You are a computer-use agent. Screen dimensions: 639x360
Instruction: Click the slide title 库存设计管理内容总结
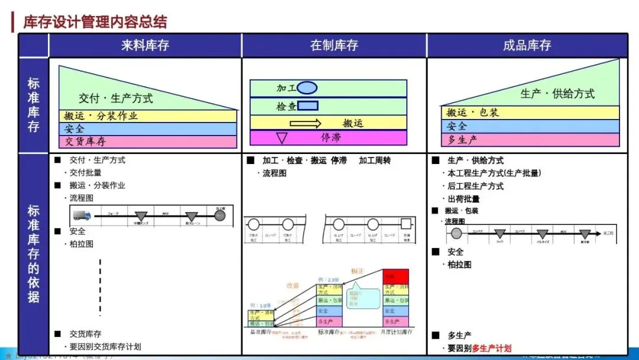[x=95, y=22]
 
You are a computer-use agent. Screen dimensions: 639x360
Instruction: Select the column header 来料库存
[x=145, y=46]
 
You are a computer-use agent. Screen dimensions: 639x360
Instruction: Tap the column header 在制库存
[x=334, y=46]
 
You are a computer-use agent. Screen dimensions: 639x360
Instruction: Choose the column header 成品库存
[x=527, y=46]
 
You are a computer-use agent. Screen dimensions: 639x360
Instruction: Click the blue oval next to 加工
[x=307, y=88]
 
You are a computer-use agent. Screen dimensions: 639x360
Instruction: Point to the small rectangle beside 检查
[x=308, y=106]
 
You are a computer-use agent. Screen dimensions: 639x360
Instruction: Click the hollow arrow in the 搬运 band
[x=306, y=123]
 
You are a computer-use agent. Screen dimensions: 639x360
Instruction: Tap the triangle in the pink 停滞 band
[x=282, y=138]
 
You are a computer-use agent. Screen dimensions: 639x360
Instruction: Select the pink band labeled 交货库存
[x=147, y=142]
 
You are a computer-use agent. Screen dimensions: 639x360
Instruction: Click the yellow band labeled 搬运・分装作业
[x=147, y=116]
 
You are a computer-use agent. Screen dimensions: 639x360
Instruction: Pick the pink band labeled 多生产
[x=530, y=140]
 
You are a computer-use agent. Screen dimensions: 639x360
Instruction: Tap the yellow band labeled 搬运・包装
[x=530, y=112]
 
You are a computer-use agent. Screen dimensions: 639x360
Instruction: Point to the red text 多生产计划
[x=492, y=348]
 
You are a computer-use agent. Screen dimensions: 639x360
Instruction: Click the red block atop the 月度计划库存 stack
[x=396, y=277]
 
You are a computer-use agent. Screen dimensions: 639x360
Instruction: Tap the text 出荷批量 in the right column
[x=463, y=199]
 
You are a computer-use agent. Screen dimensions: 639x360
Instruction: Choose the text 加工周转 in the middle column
[x=375, y=160]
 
